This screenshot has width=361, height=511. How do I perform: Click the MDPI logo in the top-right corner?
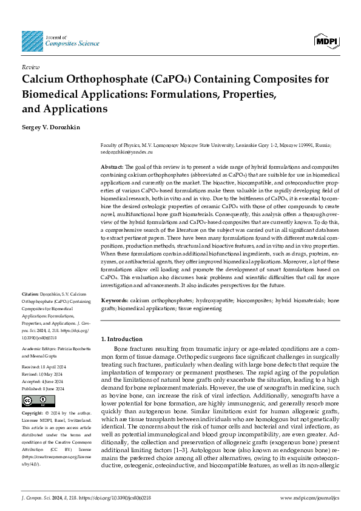pos(326,41)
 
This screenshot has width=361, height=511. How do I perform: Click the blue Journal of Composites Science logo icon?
pos(32,41)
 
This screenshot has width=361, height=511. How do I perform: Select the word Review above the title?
pos(31,67)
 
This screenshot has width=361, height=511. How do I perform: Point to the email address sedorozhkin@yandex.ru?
pos(126,152)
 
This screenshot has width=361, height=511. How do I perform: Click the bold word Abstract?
pos(112,166)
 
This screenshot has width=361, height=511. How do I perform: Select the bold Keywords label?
pos(113,300)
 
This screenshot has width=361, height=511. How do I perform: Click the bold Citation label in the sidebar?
pos(31,294)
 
